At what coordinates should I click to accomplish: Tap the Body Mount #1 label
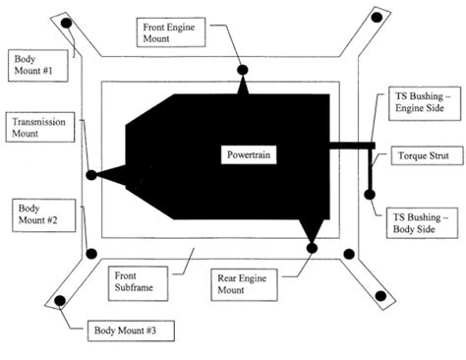[32, 66]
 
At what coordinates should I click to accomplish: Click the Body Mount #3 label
[123, 330]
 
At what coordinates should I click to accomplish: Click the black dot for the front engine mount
[242, 70]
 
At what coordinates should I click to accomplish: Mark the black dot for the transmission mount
[91, 175]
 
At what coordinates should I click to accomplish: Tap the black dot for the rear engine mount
[313, 248]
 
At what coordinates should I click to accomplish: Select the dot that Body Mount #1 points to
[66, 23]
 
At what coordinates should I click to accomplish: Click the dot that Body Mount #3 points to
[59, 300]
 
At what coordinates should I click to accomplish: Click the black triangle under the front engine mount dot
[242, 87]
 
